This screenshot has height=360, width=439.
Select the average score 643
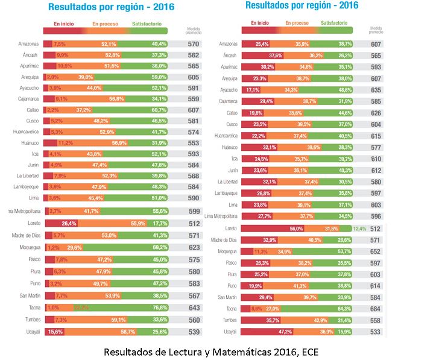tap(193, 308)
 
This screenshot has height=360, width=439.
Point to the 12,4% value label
tap(359, 229)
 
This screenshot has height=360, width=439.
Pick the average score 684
tap(376, 308)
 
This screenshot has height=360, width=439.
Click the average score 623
tap(193, 247)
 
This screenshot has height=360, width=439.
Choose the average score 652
tap(376, 251)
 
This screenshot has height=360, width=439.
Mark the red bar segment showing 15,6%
tap(53, 331)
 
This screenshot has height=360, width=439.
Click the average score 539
tap(193, 331)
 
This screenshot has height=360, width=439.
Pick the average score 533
tap(376, 331)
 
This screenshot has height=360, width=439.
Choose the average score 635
tap(376, 90)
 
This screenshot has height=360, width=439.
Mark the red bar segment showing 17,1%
tap(252, 90)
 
